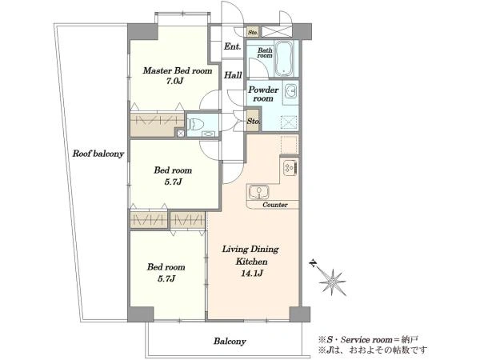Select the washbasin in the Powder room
coord(290,90)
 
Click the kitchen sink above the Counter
coord(258,192)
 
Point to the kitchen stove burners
coord(290,167)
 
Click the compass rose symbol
coord(332,282)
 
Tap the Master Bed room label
coord(178,70)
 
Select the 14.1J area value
coord(252,273)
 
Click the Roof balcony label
coord(98,154)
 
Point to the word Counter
coord(275,205)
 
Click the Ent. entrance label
coord(232,46)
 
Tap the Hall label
coord(233,75)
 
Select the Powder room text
coord(263,94)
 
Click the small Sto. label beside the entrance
coord(253,32)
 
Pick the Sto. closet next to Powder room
coord(253,121)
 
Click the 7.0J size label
coord(174,82)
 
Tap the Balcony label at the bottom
coord(230,342)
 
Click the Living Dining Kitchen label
coord(250,255)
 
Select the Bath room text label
coord(265,53)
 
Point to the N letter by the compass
coord(313,263)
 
